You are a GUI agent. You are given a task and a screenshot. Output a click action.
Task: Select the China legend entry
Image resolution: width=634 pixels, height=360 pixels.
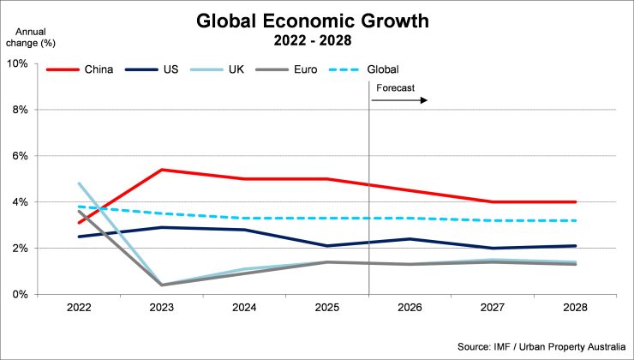[81, 69]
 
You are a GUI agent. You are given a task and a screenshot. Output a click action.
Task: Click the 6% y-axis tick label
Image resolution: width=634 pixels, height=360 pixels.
[20, 156]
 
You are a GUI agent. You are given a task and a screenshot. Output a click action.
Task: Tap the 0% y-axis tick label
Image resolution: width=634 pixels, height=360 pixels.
[20, 295]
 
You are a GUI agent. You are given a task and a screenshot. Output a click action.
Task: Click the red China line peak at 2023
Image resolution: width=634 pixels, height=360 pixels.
[161, 170]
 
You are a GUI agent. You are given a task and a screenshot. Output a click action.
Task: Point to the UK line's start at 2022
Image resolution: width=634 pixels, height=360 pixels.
[79, 183]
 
